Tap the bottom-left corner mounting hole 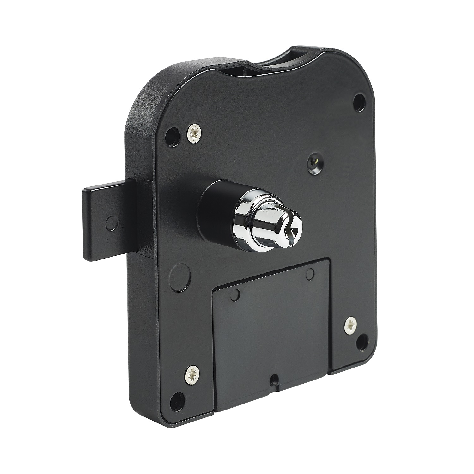pyautogui.click(x=178, y=397)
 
